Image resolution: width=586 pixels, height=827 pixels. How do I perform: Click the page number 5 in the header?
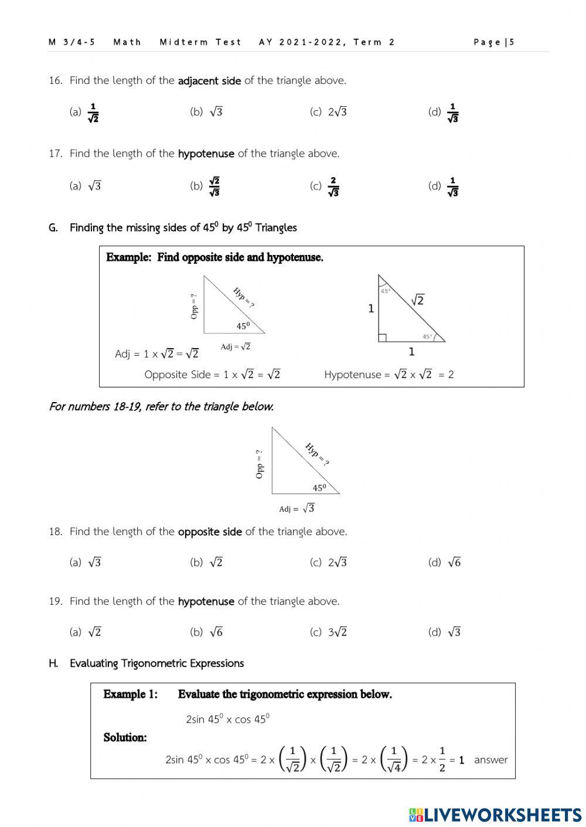pos(512,42)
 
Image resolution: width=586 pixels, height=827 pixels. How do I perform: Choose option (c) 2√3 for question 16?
pos(329,112)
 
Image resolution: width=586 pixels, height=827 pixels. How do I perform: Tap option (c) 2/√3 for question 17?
pos(325,186)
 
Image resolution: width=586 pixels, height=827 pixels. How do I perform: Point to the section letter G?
pos(53,228)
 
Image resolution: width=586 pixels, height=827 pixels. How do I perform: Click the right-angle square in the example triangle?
pos(382,338)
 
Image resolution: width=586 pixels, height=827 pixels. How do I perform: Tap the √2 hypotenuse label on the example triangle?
pos(417,300)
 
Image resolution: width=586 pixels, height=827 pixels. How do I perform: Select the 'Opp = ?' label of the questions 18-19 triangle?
pos(260,464)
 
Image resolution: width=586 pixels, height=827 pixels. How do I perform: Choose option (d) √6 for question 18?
pos(445,563)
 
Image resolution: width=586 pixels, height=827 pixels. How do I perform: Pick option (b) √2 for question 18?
pos(207,563)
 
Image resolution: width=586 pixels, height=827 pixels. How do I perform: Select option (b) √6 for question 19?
pos(207,632)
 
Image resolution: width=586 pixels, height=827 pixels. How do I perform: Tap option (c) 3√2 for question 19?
pos(329,632)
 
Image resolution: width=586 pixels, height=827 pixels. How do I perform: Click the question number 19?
pos(55,601)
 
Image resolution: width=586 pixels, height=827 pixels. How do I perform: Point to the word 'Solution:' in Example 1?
pos(125,737)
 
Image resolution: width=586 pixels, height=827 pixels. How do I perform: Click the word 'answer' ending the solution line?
pos(490,760)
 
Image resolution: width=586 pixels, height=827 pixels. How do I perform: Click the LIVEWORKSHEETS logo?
pos(495,814)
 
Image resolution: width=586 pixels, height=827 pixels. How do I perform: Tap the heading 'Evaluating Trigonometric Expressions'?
pos(156,663)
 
